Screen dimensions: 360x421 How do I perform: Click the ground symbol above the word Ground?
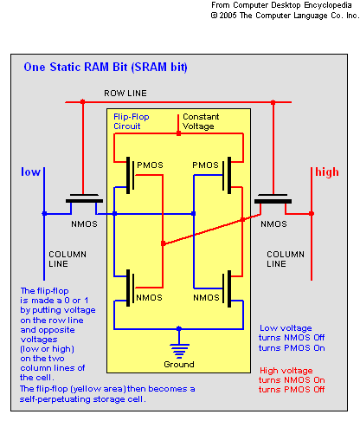[179, 351]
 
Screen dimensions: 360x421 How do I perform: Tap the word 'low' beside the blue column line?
[30, 172]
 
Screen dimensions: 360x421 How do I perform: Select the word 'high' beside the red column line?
[327, 172]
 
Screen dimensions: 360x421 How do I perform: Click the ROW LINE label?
[125, 94]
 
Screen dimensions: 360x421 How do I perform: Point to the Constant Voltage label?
[201, 121]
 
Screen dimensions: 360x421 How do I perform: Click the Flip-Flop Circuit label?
[132, 121]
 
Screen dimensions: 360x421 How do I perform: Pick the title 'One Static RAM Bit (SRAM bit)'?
[106, 67]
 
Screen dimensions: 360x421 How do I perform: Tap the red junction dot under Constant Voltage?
[178, 133]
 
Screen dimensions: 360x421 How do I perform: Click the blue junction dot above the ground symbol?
[179, 328]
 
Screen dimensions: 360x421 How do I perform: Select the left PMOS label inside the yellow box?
[150, 165]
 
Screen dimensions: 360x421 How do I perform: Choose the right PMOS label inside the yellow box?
[205, 165]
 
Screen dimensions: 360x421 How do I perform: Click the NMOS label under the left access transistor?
[84, 224]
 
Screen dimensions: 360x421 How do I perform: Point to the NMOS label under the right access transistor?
[273, 224]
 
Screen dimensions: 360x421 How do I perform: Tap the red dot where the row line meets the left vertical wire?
[83, 101]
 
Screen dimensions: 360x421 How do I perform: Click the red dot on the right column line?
[312, 214]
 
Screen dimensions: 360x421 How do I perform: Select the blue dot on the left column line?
[44, 214]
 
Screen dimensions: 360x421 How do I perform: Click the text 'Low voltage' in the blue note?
[286, 328]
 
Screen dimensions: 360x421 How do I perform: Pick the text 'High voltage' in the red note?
[286, 371]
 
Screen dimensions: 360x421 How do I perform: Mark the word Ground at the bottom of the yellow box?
[179, 365]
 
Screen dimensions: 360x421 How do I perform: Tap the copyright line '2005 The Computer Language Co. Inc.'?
[285, 16]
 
